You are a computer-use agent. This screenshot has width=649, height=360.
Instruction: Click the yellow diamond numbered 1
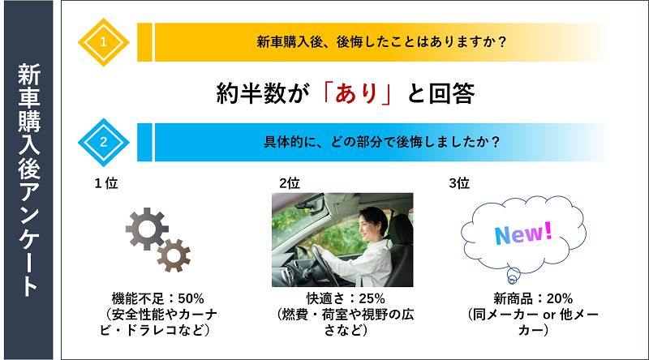[x=104, y=42]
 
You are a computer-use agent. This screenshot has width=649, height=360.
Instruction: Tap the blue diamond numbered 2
[x=104, y=143]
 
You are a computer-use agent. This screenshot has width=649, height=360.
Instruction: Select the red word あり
[x=356, y=93]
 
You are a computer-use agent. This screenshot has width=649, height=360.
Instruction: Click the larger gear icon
[x=147, y=229]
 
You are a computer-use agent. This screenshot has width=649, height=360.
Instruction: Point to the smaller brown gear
[x=174, y=255]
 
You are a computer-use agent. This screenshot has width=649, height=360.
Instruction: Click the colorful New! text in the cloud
[x=523, y=234]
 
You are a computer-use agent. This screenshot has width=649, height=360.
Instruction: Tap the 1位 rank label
[x=106, y=183]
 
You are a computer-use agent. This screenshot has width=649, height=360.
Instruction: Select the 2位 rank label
[x=290, y=183]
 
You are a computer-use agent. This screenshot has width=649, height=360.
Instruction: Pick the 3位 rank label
[x=459, y=183]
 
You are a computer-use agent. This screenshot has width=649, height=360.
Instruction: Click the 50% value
[x=191, y=298]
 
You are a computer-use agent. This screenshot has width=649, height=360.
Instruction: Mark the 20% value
[x=560, y=298]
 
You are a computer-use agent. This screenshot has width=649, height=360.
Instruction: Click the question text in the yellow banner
[x=381, y=42]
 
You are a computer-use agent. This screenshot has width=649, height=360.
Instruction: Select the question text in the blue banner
[x=381, y=142]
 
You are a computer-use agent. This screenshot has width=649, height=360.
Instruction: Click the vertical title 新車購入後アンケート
[x=28, y=180]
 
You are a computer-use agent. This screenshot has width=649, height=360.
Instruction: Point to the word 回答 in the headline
[x=452, y=93]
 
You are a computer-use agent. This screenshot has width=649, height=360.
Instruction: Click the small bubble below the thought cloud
[x=514, y=275]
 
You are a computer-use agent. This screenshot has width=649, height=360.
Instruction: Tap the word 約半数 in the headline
[x=251, y=93]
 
